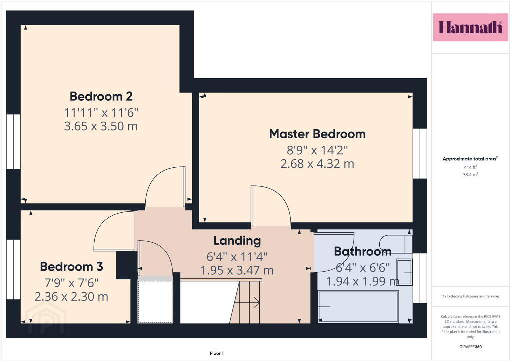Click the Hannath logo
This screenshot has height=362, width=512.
click(470, 27)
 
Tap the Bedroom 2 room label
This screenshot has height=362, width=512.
click(101, 96)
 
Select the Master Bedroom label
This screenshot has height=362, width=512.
click(317, 134)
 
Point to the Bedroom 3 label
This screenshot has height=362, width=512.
click(72, 266)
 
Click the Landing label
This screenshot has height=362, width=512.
click(237, 241)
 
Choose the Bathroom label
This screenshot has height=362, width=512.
click(363, 251)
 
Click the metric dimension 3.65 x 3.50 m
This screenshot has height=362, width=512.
click(101, 126)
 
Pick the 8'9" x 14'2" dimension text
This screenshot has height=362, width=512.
click(317, 150)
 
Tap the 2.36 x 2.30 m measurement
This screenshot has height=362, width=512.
click(71, 296)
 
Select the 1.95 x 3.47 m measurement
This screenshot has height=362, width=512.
click(237, 270)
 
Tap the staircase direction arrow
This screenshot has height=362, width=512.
click(247, 302)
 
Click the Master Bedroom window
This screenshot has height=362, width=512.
click(420, 153)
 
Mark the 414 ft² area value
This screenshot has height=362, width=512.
click(470, 167)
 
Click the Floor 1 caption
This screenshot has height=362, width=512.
click(217, 353)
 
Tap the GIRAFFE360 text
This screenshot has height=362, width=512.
click(470, 347)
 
